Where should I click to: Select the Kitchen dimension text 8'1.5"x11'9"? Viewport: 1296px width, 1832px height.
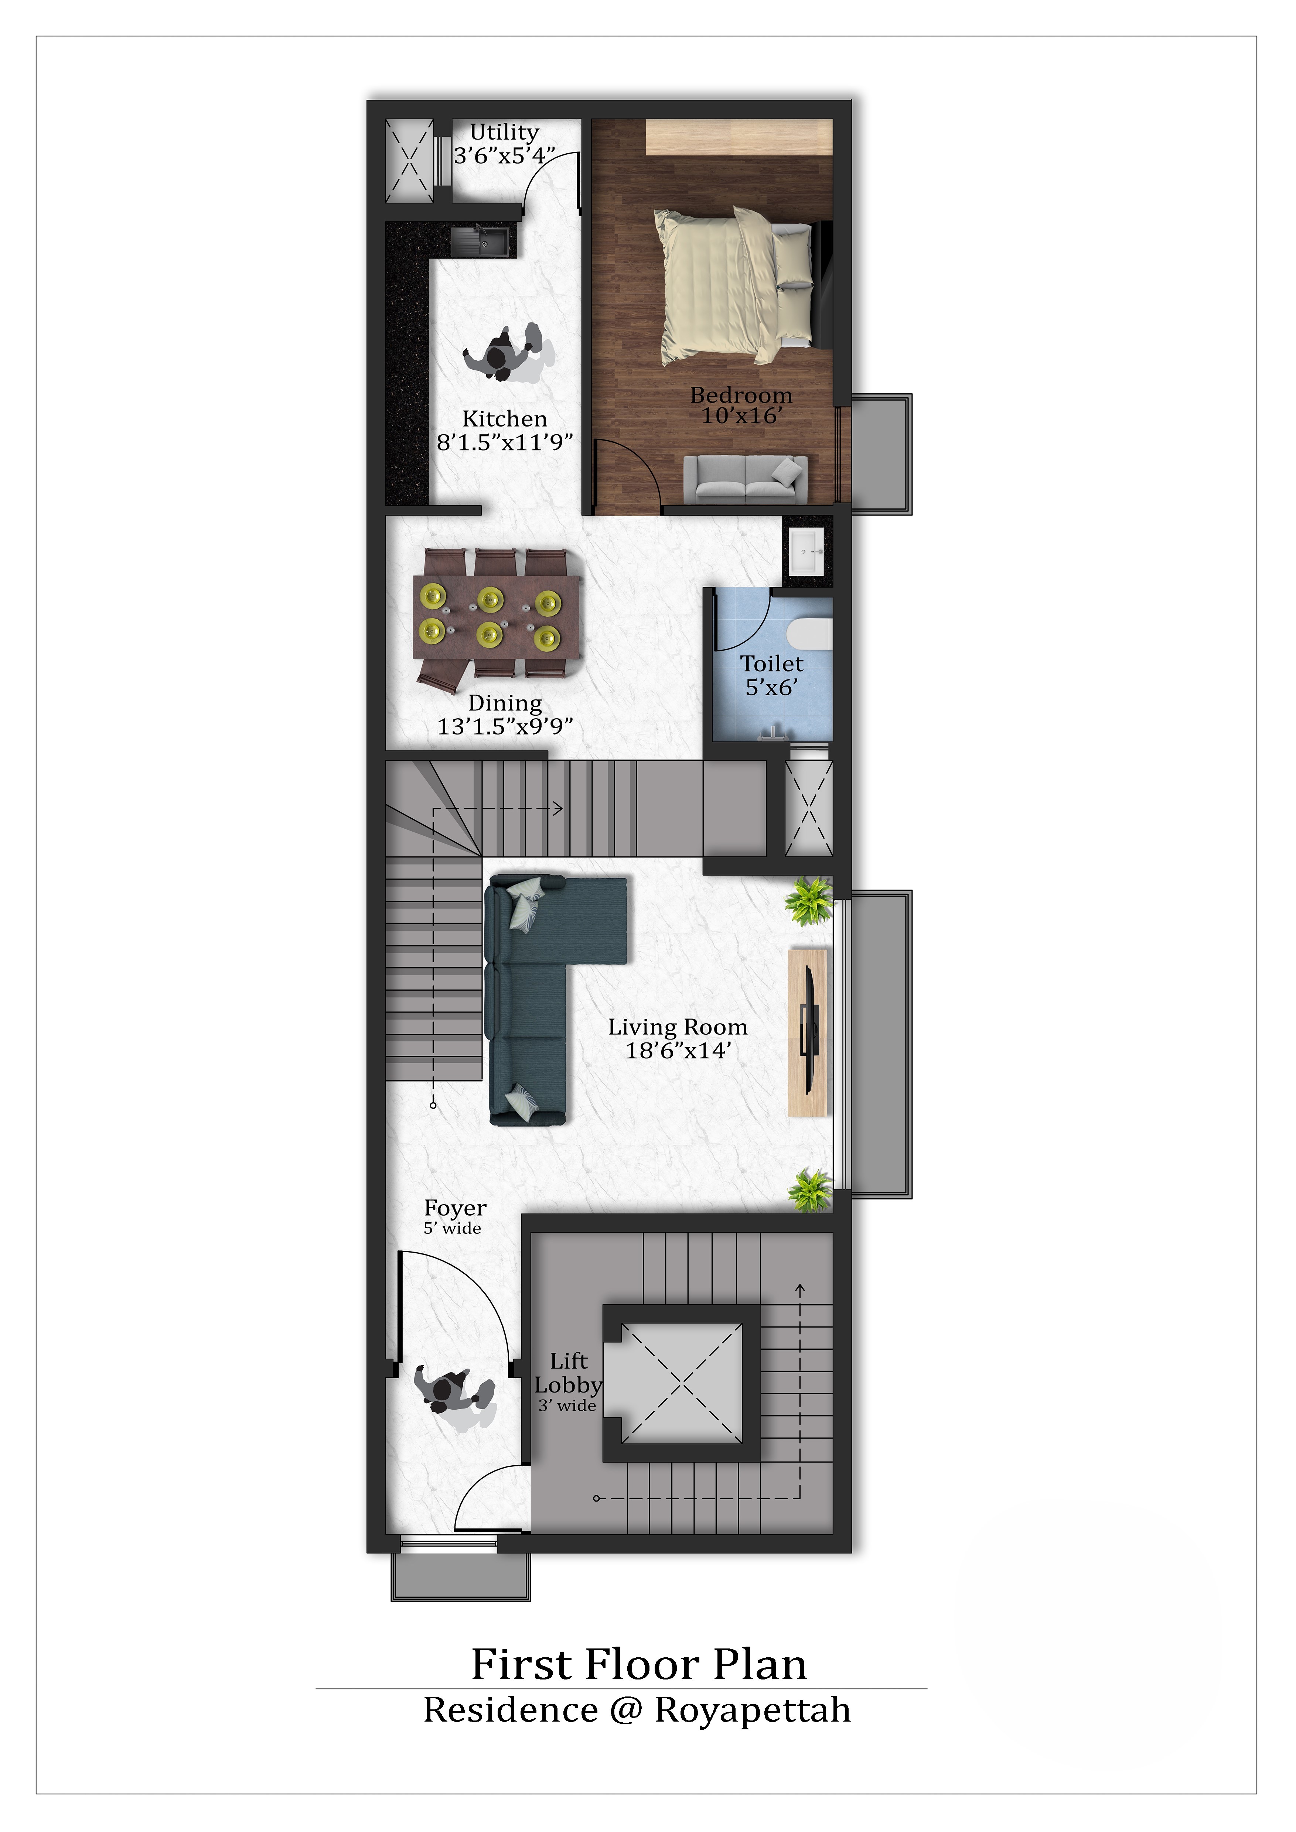coord(504,442)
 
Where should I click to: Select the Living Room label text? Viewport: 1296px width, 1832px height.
coord(678,1027)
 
